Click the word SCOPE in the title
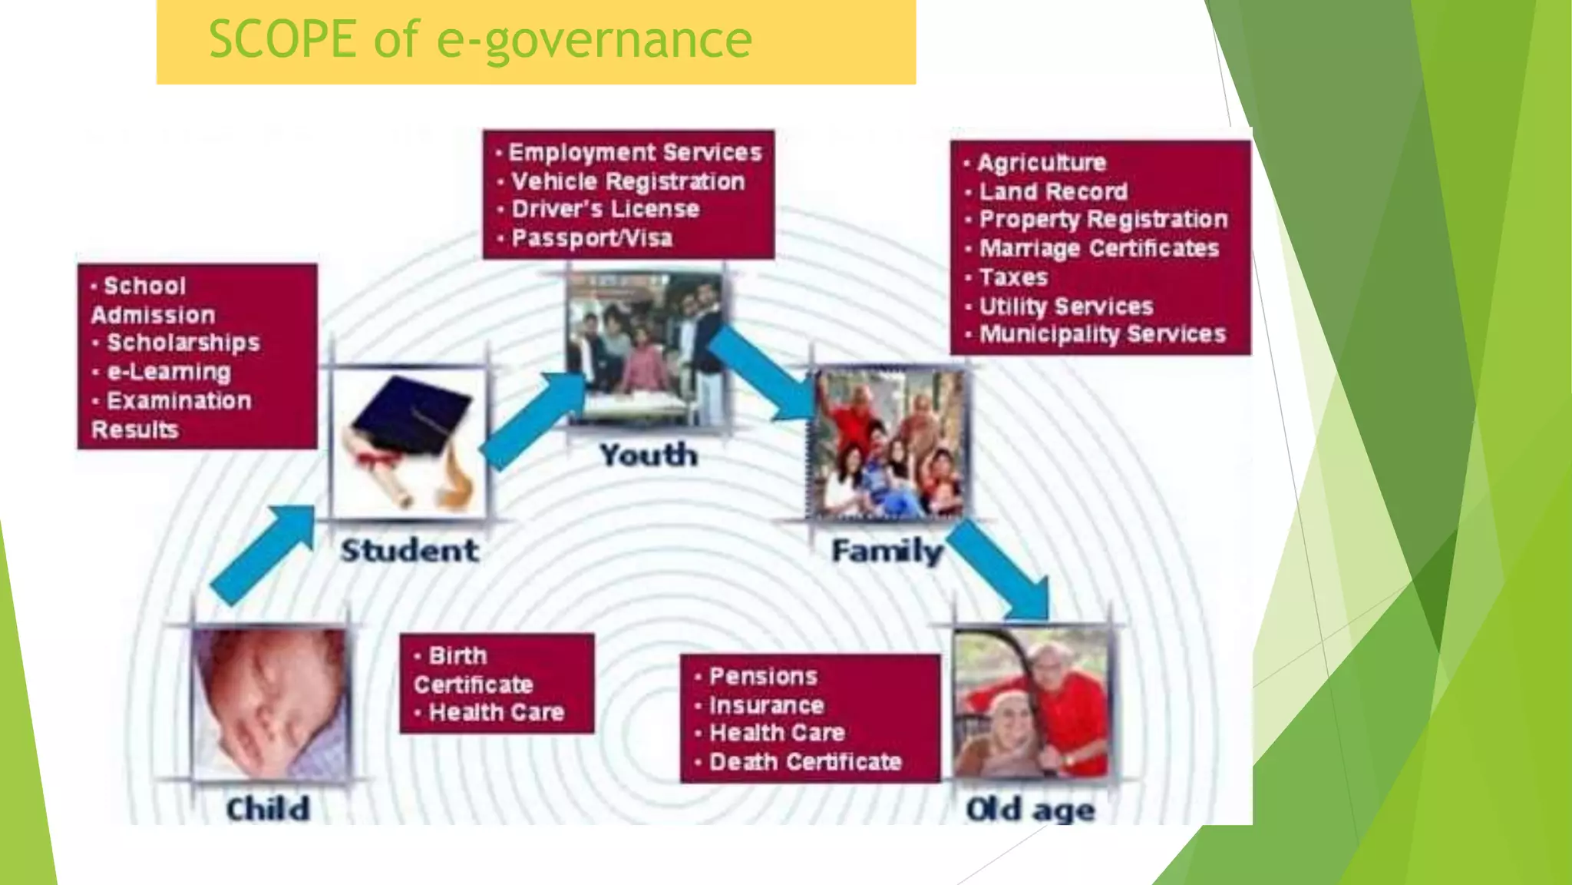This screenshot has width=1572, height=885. point(282,39)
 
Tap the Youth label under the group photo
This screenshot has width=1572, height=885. point(649,456)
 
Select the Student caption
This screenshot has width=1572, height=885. point(410,551)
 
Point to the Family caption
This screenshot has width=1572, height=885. point(887,552)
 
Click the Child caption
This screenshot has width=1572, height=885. point(268,809)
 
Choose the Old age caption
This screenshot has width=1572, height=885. point(1030,810)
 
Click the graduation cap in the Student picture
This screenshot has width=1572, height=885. point(413,418)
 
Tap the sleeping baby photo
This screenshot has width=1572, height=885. point(270,703)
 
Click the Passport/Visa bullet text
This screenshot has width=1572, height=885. point(592,238)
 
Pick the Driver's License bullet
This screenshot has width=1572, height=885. point(606,209)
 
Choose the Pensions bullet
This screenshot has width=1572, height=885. point(763,677)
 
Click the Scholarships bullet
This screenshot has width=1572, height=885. point(183,343)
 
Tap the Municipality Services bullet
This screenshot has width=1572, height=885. point(1102,334)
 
